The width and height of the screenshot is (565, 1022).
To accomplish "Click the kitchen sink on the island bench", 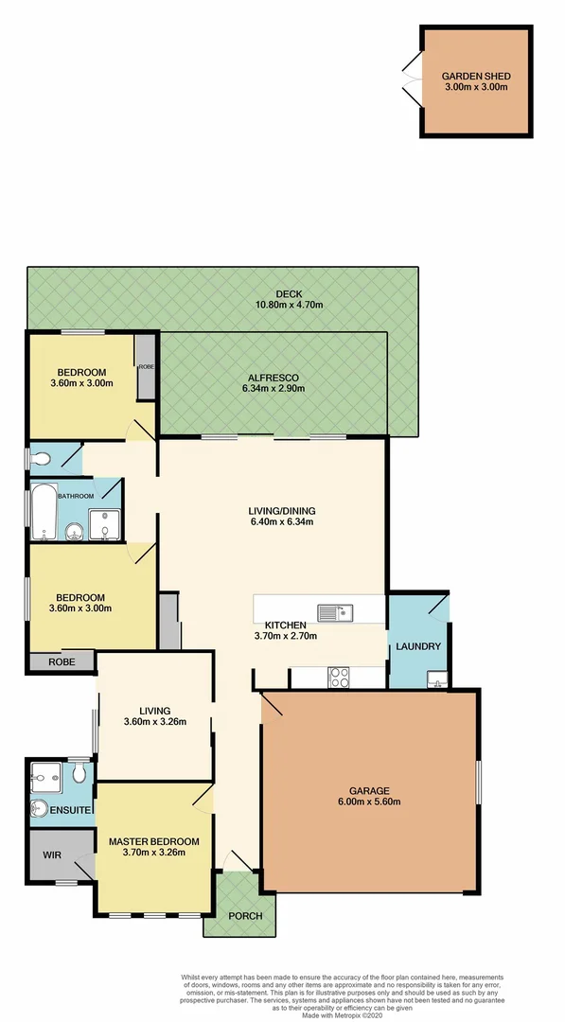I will click(335, 612).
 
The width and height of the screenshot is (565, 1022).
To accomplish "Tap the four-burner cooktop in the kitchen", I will click(338, 677).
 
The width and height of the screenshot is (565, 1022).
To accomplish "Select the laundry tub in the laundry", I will click(437, 678).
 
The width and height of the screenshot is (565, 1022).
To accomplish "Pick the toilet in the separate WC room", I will click(41, 460).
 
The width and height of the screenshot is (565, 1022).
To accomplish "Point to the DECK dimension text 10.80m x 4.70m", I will click(289, 305).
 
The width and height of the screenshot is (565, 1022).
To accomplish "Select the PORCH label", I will click(245, 915).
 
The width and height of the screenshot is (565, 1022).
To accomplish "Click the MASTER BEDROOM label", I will click(153, 841).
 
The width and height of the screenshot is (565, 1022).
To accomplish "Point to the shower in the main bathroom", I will click(102, 523).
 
